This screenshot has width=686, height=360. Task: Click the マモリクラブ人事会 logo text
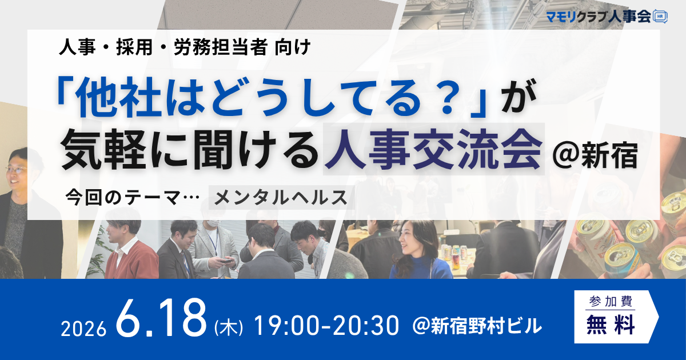click(599, 16)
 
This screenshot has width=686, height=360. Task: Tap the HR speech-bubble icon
click(660, 16)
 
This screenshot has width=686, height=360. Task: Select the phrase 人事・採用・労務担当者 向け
click(185, 47)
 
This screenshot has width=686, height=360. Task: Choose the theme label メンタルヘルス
click(281, 198)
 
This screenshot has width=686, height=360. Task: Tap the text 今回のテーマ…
click(132, 198)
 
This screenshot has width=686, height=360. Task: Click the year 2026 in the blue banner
click(83, 329)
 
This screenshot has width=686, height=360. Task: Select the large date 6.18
click(161, 318)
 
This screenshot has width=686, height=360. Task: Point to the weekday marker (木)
click(229, 327)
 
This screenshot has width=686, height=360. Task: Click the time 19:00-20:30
click(327, 326)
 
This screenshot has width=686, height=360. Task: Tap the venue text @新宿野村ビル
click(477, 326)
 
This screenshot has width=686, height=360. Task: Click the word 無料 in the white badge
click(611, 325)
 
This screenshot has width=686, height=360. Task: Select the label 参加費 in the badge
click(611, 302)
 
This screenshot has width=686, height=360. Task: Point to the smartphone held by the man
click(226, 261)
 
